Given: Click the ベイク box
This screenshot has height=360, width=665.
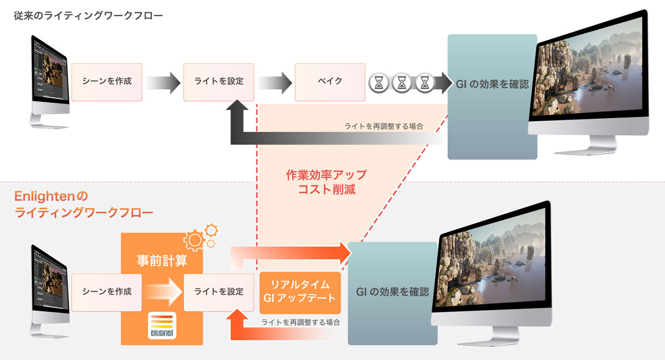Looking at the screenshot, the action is point(330,82).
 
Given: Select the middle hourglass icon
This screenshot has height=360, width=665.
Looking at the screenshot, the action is point(402,83).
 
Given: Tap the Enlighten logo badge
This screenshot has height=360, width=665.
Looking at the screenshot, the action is point(162,325).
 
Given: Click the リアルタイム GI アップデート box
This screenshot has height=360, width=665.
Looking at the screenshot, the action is point(300,292).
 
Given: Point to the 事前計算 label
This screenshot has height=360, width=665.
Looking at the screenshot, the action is point(162,260).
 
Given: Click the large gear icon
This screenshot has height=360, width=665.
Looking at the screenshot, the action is point(195,240).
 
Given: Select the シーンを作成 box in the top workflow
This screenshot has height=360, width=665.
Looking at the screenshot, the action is point(107,82).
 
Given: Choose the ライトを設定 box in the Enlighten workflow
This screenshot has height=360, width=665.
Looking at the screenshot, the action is point(219,292).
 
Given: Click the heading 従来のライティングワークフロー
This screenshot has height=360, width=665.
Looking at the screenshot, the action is point(88,16).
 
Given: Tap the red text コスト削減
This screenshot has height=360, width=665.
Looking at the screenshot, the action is point(326,189).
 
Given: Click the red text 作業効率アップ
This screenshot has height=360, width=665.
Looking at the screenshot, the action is point(326,175).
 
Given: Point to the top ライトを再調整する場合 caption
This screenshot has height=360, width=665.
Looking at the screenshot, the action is point(383,126).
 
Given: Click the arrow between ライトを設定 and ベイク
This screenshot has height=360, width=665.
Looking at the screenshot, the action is point(275,83).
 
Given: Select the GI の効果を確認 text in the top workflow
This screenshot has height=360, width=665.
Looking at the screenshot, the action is point(492,84).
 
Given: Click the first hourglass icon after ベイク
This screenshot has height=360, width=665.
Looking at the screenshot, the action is point(379,83).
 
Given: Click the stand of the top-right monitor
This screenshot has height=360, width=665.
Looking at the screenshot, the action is point(586,146).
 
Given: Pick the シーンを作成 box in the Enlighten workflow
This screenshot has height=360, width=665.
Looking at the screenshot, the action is point(107,292).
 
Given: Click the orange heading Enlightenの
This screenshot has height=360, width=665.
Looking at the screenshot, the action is point(51,196).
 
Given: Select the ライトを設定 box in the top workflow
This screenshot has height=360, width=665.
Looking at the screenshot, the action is point(219,82).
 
